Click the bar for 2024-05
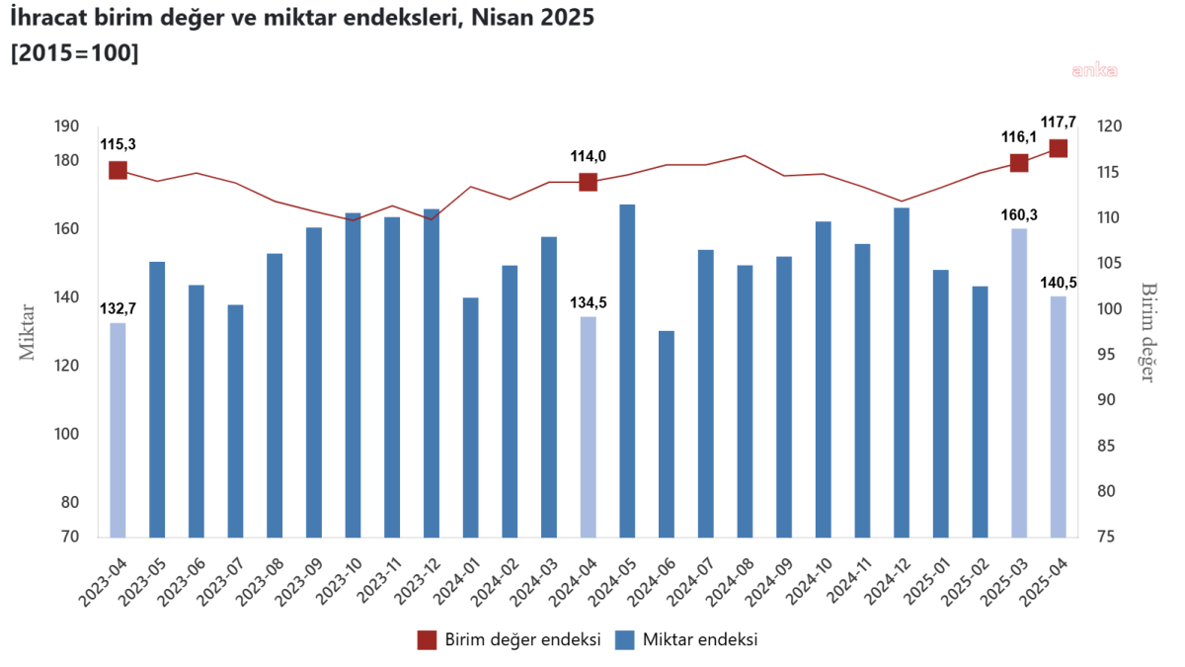pos(627,371)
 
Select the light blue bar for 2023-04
pos(118,430)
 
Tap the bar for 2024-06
pos(667,434)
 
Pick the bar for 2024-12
pos(902,373)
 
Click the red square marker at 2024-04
pos(588,182)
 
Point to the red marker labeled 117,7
pos(1059,148)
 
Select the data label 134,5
pos(589,302)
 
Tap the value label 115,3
pos(118,144)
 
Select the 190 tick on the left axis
pos(67,126)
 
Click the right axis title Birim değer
pos(1148,331)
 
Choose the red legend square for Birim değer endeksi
pos(426,640)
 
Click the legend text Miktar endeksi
pos(699,640)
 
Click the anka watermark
pos(1095,70)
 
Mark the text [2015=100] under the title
pos(74,53)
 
